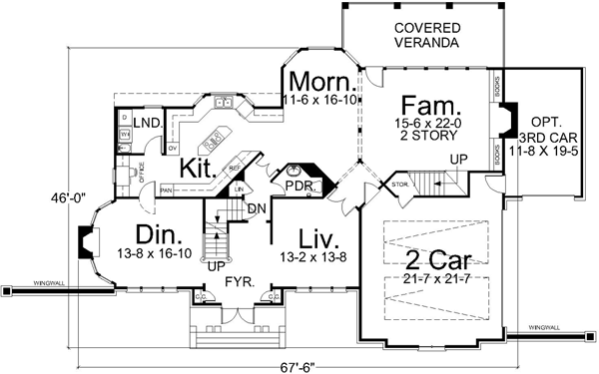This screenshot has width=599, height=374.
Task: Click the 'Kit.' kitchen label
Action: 200,168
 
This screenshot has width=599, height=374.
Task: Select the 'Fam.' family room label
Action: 430,104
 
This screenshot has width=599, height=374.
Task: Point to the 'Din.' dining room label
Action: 157,235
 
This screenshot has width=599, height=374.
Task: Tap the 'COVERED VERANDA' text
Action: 426,35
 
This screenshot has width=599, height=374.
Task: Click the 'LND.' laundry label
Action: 149,122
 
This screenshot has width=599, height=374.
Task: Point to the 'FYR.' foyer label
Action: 237,282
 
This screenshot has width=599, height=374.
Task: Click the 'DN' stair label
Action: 257,208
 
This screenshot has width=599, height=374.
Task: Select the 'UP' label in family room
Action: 459,160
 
